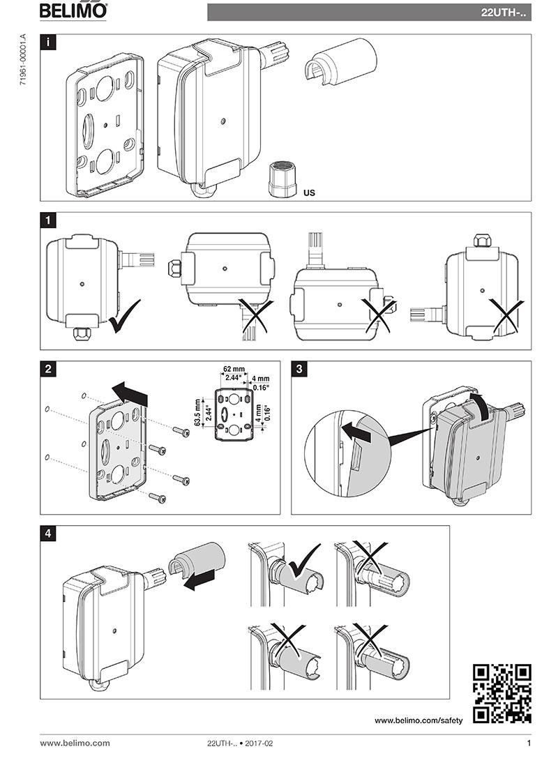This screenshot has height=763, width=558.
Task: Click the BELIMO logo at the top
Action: click(x=73, y=10)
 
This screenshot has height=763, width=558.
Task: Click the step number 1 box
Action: click(x=47, y=220)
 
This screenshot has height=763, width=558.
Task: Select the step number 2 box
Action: click(x=47, y=369)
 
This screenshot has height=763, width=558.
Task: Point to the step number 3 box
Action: click(x=299, y=369)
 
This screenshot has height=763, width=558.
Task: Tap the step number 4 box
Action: click(x=47, y=534)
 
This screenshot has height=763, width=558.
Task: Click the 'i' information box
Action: click(x=47, y=43)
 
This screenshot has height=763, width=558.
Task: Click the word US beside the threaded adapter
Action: click(x=309, y=192)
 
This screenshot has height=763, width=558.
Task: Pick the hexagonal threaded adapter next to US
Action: click(x=282, y=179)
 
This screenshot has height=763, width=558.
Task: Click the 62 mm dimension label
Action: click(x=234, y=370)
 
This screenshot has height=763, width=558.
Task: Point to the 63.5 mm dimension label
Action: click(x=197, y=413)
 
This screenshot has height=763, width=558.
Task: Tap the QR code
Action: click(x=502, y=694)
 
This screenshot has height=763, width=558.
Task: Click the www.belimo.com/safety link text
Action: click(x=418, y=720)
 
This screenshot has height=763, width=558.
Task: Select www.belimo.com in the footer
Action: click(x=75, y=743)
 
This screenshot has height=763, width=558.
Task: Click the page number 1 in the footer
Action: click(x=528, y=743)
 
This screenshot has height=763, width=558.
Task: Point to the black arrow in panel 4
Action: click(x=199, y=580)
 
